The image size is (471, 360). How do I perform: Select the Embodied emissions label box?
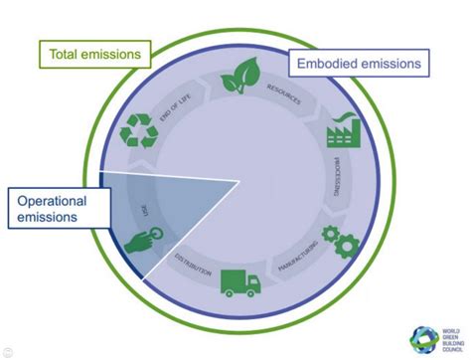pyautogui.click(x=360, y=65)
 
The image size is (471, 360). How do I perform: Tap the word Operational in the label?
pyautogui.click(x=51, y=201)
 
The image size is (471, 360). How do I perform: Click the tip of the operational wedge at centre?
pyautogui.click(x=239, y=181)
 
